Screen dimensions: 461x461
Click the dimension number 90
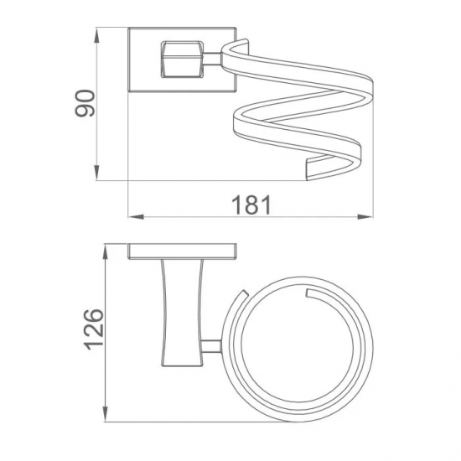tap(85, 103)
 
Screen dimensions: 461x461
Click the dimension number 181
tap(251, 205)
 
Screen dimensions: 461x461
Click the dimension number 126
tap(95, 329)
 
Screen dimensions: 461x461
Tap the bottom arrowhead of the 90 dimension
tap(96, 173)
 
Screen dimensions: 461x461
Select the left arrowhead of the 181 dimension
tap(136, 217)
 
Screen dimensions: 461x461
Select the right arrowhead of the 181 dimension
tap(365, 217)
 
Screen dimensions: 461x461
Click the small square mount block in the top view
tap(182, 60)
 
